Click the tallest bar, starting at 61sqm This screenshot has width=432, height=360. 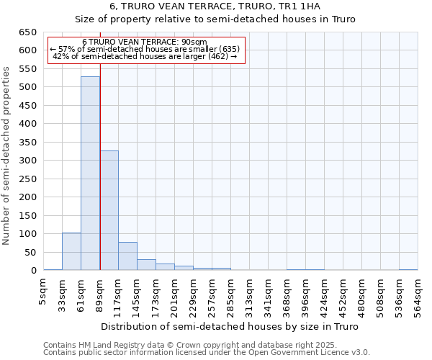point(90,174)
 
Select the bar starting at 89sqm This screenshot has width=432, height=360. point(109,210)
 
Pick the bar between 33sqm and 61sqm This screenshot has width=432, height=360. point(71,251)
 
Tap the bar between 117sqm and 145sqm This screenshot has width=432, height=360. point(127,256)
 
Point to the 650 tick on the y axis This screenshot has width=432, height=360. point(27,32)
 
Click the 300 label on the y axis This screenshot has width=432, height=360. point(27,161)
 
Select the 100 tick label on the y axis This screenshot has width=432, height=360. point(27,234)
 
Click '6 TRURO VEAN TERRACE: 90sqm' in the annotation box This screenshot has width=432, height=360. point(145,42)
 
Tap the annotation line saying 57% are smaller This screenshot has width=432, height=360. point(145,49)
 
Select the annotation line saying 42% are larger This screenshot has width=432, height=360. point(145,56)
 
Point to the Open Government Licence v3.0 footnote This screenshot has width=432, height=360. point(207,353)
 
